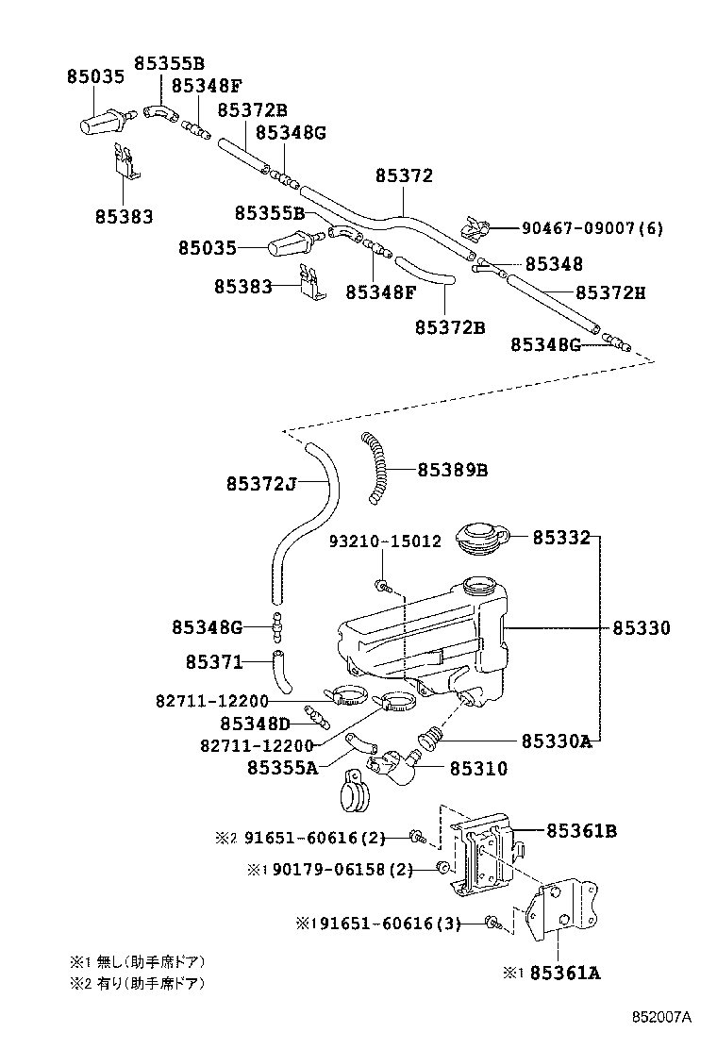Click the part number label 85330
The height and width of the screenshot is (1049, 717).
642,627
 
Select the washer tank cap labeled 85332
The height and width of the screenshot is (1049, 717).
480,540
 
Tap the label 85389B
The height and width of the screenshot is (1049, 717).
452,469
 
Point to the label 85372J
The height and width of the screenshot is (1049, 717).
261,484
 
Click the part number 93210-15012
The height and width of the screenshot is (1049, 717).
384,541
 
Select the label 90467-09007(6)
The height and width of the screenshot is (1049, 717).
592,228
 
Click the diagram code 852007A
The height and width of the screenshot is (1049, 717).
662,1017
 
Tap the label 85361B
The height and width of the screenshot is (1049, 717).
582,831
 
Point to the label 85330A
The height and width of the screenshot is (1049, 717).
557,741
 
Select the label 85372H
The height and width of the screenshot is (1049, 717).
610,292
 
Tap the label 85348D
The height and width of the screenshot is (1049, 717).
256,724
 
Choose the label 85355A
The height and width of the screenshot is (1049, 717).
282,768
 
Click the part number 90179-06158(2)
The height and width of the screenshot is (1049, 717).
342,869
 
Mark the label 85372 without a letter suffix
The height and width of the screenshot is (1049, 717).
404,175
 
